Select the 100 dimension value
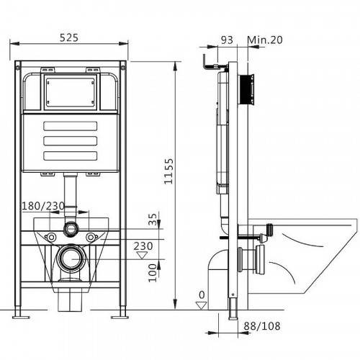[x=151, y=270]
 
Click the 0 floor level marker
[x=202, y=294]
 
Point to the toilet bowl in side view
[x=310, y=252]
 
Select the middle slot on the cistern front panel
[x=70, y=141]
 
